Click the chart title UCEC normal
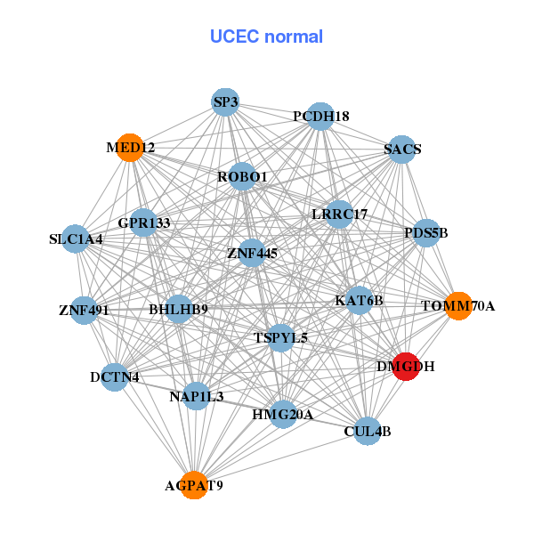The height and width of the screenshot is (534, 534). (x=266, y=36)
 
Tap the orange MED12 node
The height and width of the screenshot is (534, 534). (x=130, y=148)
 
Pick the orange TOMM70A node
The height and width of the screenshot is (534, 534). (x=457, y=306)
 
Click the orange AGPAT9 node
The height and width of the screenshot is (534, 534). (x=194, y=486)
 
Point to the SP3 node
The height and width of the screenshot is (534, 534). (x=226, y=102)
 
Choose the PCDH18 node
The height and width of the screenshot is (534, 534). (x=320, y=117)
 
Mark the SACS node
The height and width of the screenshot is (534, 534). (x=402, y=150)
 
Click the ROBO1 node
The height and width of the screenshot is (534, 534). (x=242, y=177)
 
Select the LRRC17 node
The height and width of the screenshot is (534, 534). (x=339, y=214)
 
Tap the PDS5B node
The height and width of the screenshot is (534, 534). (x=426, y=233)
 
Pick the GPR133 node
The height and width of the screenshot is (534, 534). (x=143, y=222)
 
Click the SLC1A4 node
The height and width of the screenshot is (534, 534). (x=77, y=239)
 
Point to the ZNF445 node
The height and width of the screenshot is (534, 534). (x=252, y=254)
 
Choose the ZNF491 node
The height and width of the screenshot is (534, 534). (x=84, y=311)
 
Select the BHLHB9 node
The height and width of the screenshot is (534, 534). (x=179, y=310)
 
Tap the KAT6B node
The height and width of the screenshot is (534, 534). (x=359, y=301)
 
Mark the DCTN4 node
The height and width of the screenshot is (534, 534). (x=114, y=377)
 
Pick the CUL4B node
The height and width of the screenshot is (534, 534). (x=367, y=432)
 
